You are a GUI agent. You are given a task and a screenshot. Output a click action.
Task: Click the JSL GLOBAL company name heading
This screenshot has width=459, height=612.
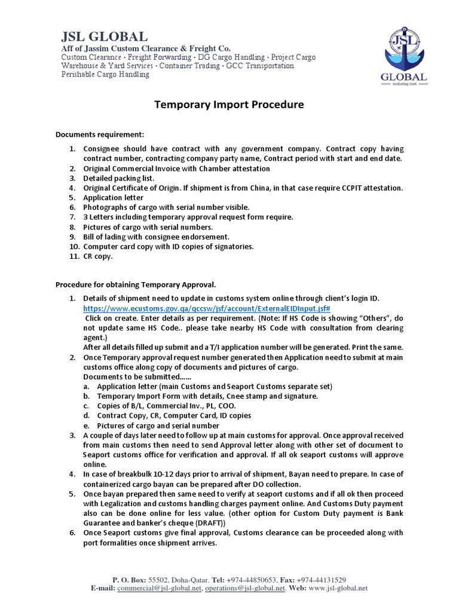105,35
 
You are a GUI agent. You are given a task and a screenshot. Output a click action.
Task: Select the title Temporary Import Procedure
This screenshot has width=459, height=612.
229,105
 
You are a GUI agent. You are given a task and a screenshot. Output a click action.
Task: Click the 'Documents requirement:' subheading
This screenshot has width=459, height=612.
100,134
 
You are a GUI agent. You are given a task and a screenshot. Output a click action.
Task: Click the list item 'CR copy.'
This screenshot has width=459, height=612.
98,256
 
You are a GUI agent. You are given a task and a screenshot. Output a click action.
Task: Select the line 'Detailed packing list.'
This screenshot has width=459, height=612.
119,178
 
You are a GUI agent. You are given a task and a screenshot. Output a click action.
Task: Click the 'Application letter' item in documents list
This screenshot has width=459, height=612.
113,197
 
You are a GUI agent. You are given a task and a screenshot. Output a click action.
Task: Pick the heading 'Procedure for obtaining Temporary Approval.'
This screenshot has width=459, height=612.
136,284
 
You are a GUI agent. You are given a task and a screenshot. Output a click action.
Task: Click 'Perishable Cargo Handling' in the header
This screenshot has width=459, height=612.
106,75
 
